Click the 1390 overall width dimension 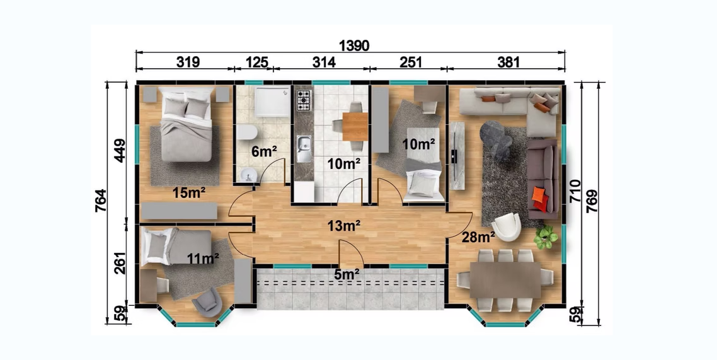tap(354, 46)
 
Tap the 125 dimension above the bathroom tap(256, 62)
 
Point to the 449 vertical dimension tap(120, 150)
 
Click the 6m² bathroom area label tap(264, 151)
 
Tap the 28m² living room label tap(478, 237)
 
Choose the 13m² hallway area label tap(343, 225)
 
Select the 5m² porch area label tap(346, 274)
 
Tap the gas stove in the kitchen tap(304, 100)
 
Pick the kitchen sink tap(303, 148)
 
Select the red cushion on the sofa tap(540, 199)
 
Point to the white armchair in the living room tap(506, 227)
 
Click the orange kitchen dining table tap(355, 126)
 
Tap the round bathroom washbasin tap(248, 174)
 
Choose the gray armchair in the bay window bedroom tap(207, 303)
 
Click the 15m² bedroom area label tap(188, 193)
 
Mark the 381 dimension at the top tap(508, 62)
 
